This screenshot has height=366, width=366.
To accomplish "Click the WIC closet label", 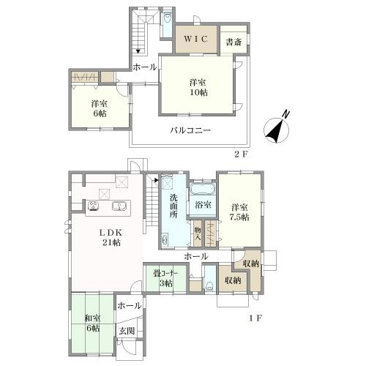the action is pyautogui.click(x=196, y=39).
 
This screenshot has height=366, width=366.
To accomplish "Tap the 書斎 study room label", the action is pyautogui.click(x=234, y=42).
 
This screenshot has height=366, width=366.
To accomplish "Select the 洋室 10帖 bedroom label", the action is pyautogui.click(x=198, y=87).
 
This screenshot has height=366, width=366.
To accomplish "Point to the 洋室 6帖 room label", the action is pyautogui.click(x=100, y=108).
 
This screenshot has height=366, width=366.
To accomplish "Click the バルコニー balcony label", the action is pyautogui.click(x=190, y=130).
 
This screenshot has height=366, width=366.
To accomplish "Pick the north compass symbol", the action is pyautogui.click(x=277, y=128).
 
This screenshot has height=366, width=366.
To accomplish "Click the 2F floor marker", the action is pyautogui.click(x=241, y=154).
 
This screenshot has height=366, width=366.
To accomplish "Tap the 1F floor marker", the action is pyautogui.click(x=255, y=318).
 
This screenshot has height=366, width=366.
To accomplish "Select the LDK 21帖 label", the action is pyautogui.click(x=111, y=237).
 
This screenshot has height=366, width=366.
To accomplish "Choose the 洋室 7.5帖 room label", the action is pyautogui.click(x=240, y=212).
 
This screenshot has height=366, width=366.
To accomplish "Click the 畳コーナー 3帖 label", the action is pyautogui.click(x=165, y=278).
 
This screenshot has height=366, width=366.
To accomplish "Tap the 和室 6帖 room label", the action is pyautogui.click(x=92, y=324).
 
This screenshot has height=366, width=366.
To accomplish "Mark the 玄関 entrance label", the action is pyautogui.click(x=127, y=331).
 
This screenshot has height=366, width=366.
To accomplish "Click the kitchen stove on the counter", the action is pyautogui.click(x=94, y=206).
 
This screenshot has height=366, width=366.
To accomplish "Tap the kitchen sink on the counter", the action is pyautogui.click(x=119, y=206).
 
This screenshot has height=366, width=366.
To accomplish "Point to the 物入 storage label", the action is pyautogui.click(x=197, y=234).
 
